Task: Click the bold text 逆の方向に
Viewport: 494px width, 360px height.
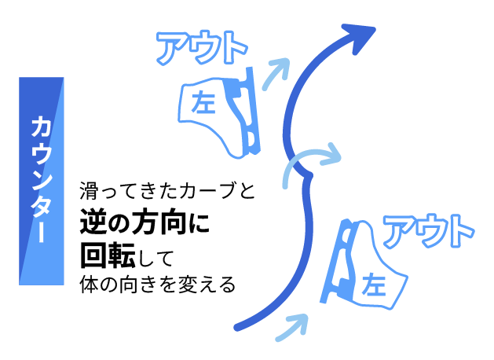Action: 145,222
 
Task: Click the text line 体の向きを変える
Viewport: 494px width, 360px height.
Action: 156,284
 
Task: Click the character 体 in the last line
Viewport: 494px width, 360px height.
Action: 86,284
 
